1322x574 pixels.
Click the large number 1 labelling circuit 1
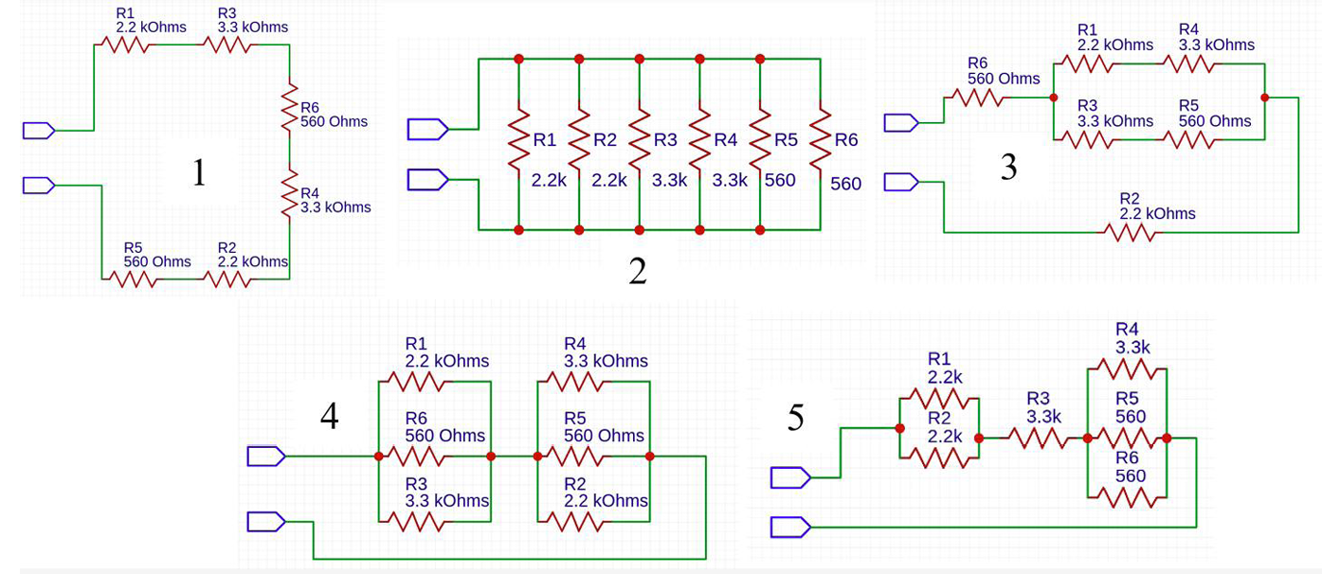click(x=199, y=172)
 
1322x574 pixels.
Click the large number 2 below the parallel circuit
click(x=638, y=271)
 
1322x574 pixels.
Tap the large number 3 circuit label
click(x=1008, y=167)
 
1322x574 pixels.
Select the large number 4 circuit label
click(x=330, y=416)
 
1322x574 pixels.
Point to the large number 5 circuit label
click(x=795, y=418)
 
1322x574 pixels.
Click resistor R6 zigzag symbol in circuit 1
click(x=289, y=107)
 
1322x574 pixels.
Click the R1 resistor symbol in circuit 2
click(x=518, y=140)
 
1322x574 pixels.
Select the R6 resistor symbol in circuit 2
click(x=821, y=140)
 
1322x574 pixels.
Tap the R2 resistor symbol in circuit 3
click(x=1130, y=232)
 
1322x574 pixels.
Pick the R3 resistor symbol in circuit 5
click(x=1038, y=439)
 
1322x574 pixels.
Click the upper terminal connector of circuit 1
click(x=39, y=131)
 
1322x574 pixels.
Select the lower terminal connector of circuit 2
click(x=428, y=180)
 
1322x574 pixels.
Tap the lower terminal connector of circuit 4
click(x=266, y=522)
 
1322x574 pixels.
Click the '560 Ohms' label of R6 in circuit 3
click(x=1004, y=79)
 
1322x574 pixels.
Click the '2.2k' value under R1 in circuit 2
click(x=549, y=180)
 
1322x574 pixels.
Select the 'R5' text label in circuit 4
click(x=575, y=419)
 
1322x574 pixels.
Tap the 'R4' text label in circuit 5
click(x=1127, y=330)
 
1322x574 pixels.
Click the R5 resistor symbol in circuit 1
click(x=133, y=279)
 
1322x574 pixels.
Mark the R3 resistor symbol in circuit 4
click(x=415, y=522)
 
